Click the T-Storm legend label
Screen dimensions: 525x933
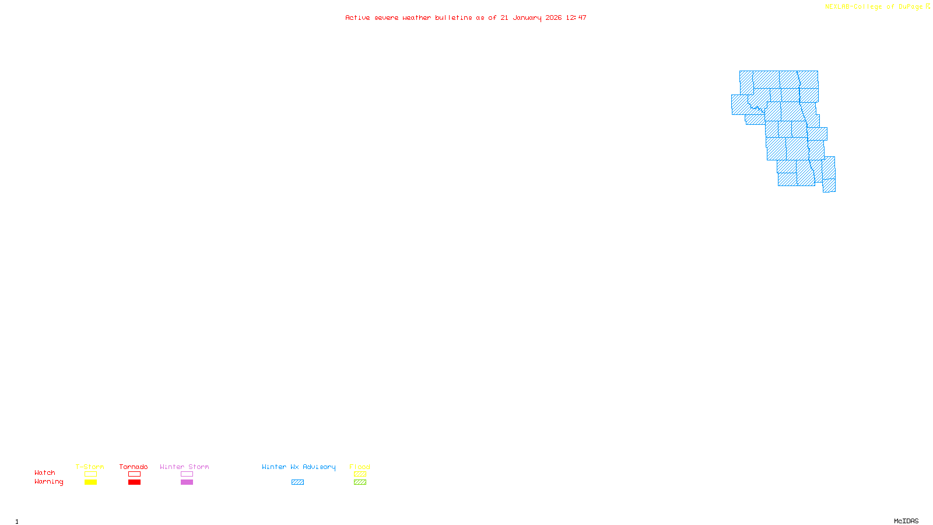[90, 467]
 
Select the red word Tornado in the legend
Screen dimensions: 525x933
[134, 467]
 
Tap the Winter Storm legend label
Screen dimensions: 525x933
[184, 467]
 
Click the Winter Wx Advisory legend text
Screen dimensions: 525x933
[299, 467]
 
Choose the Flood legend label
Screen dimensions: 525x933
[360, 467]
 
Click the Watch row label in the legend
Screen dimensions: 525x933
[45, 473]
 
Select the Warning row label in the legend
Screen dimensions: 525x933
[48, 482]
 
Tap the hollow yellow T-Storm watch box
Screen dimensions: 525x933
[90, 474]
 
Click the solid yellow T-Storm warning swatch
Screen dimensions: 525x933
[90, 482]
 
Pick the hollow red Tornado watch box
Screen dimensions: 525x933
[134, 474]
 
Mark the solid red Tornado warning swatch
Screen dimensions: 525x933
[134, 482]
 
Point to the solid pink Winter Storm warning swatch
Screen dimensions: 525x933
[187, 482]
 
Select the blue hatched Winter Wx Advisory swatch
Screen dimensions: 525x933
[297, 482]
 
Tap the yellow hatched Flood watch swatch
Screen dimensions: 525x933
[360, 474]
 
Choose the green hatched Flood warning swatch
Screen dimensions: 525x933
[360, 482]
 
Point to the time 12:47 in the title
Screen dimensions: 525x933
[576, 17]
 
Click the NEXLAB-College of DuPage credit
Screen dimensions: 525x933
[874, 6]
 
